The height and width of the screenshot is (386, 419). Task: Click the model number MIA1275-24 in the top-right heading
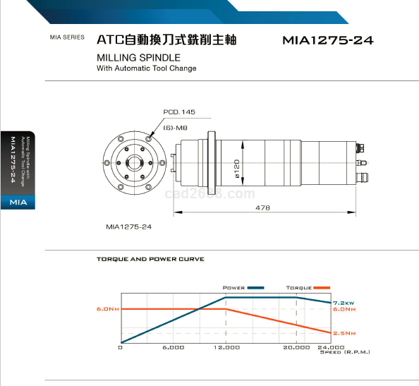328,40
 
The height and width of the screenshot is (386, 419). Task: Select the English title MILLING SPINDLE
138,58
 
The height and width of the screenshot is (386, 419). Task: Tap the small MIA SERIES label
67,37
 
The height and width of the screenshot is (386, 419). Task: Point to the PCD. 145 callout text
179,111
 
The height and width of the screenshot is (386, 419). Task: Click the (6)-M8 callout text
176,128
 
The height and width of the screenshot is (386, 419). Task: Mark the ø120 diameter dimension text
236,169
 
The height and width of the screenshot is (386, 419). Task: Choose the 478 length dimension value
262,207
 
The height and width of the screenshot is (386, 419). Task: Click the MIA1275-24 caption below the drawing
129,227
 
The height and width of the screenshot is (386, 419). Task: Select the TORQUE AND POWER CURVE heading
150,259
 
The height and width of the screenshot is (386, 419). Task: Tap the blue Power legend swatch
256,288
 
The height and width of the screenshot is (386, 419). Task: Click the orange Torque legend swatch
322,288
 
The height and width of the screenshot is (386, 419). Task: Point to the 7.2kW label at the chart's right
344,303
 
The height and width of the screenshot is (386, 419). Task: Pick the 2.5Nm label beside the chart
344,333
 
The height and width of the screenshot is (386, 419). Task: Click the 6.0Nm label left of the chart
108,309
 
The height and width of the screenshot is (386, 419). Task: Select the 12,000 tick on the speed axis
226,347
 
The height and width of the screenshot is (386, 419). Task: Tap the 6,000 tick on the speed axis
174,347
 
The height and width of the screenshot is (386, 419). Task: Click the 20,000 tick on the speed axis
296,347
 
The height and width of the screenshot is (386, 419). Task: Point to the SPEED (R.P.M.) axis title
345,352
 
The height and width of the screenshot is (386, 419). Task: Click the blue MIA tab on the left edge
18,202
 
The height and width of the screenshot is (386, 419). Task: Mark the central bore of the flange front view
135,162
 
